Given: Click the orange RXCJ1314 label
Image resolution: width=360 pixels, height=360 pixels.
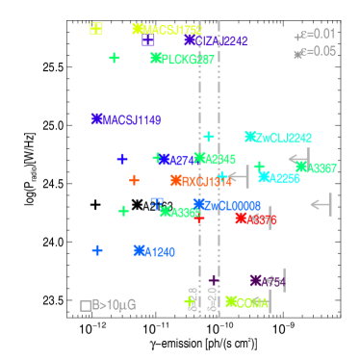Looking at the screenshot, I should (x=205, y=181).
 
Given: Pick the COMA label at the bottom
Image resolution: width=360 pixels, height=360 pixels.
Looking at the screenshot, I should (x=251, y=302).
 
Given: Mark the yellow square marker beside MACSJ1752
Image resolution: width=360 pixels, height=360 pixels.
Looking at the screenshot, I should (x=96, y=29).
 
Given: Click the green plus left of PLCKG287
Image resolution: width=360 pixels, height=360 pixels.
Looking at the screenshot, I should (x=115, y=58).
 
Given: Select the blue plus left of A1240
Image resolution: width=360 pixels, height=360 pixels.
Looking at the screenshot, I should (x=97, y=250).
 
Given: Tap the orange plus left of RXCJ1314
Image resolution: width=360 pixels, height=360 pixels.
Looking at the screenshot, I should (x=134, y=180).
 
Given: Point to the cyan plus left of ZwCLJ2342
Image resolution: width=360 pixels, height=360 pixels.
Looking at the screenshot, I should (x=209, y=137).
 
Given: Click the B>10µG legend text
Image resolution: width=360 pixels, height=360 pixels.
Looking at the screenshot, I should (x=114, y=305).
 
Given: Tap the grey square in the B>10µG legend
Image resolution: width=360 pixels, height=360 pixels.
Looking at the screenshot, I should (x=86, y=305).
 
